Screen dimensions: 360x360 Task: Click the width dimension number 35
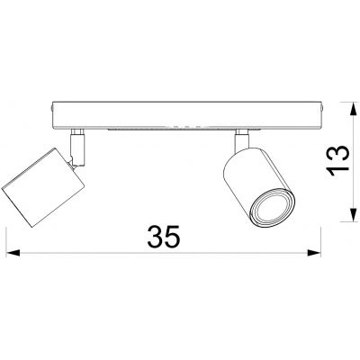164,237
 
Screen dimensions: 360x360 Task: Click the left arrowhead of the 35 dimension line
10,254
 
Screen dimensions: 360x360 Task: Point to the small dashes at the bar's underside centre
184,127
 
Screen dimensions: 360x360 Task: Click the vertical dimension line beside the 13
350,162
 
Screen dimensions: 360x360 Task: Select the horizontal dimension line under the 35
162,254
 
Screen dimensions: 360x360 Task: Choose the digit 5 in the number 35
175,237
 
